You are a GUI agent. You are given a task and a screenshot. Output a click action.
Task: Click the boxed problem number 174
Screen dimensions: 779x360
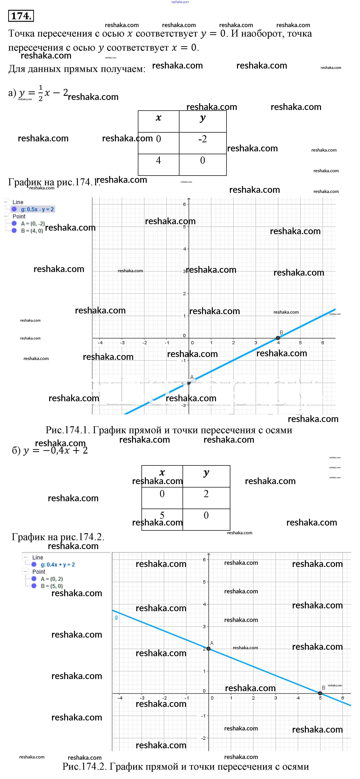pos(21,16)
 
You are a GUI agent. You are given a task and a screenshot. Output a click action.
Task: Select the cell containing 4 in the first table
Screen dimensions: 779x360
pos(158,161)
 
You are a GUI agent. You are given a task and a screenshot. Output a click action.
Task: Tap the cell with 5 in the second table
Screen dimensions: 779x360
pos(162,515)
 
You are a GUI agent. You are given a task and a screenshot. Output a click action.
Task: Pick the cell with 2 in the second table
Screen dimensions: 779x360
pos(206,494)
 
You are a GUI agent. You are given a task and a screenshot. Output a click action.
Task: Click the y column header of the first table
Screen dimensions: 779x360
pos(202,118)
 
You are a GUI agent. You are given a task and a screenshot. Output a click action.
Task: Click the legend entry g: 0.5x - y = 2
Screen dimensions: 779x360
pos(37,209)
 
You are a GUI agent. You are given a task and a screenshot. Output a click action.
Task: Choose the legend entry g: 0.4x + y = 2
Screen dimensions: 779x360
pos(57,565)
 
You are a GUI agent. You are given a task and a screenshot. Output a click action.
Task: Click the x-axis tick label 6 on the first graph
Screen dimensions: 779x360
pos(322,343)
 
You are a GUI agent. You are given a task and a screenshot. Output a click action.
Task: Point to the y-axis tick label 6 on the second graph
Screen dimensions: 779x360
pos(204,560)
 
